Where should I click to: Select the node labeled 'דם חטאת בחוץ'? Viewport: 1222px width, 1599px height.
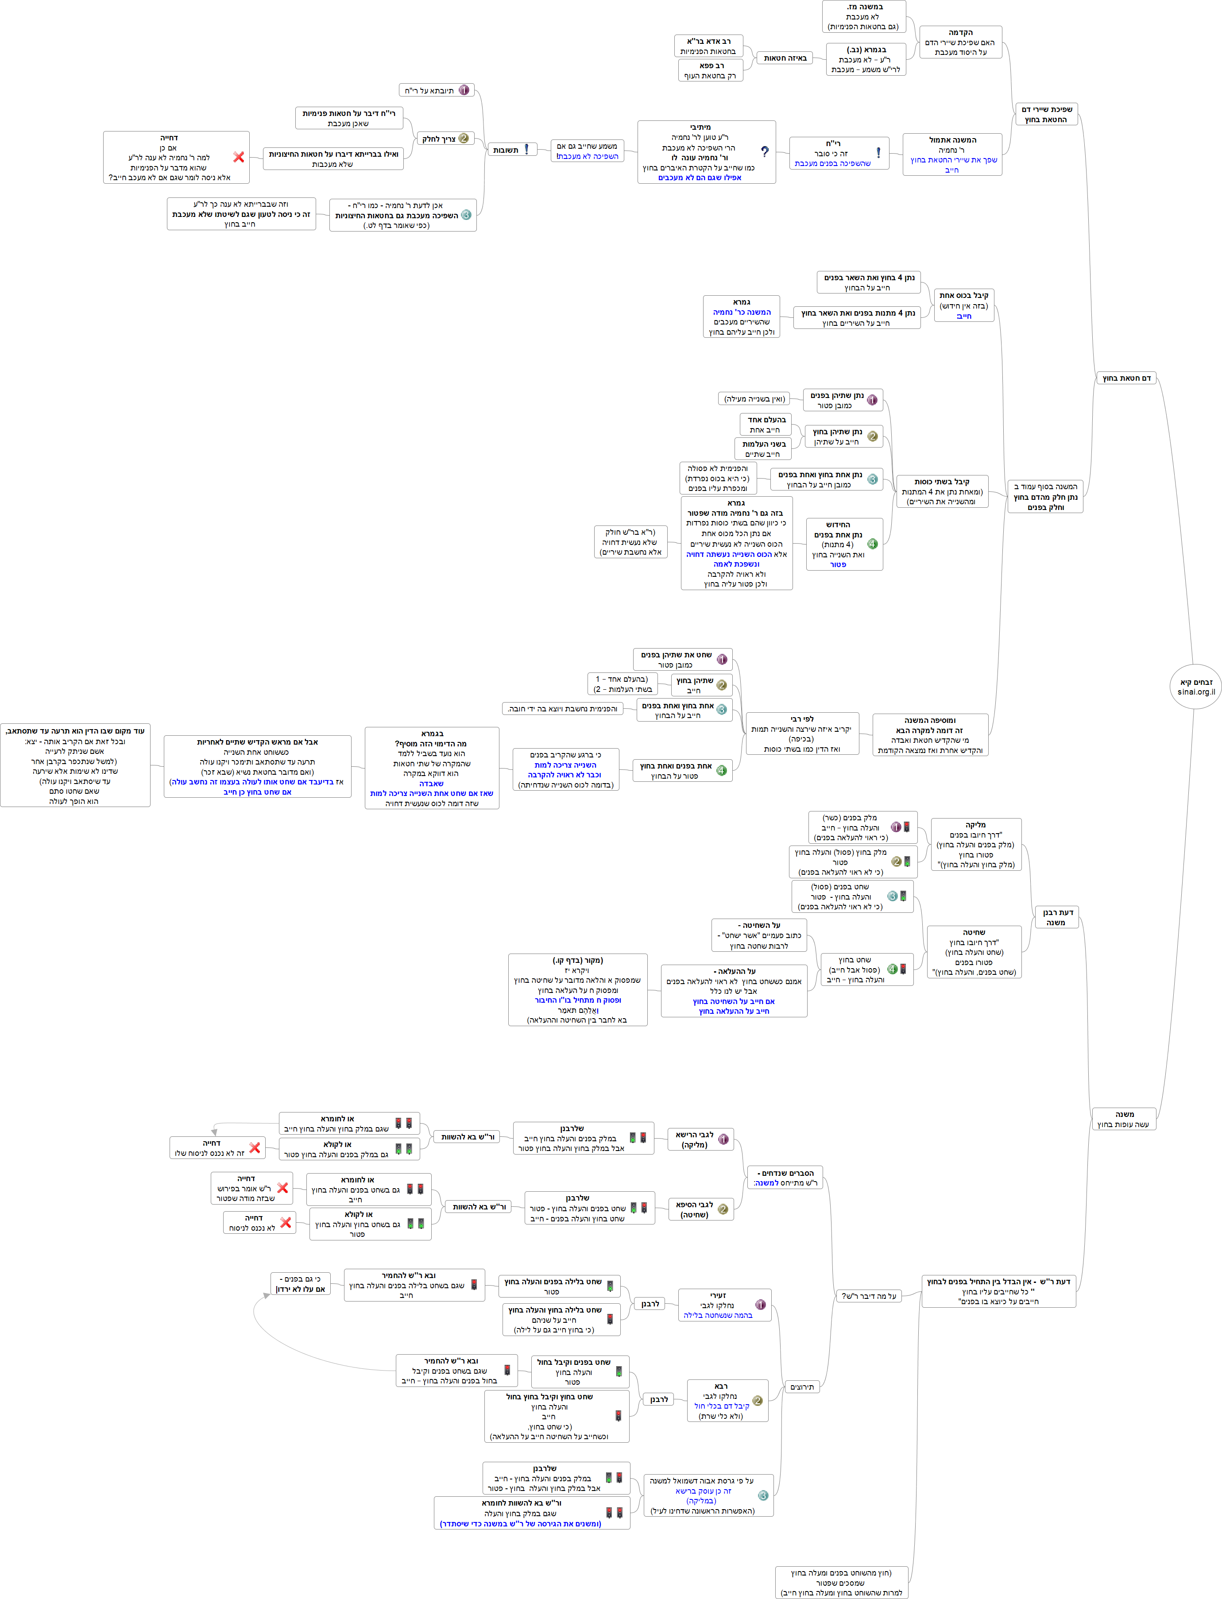tap(1126, 378)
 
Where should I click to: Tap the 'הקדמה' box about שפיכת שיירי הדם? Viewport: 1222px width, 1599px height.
tap(960, 42)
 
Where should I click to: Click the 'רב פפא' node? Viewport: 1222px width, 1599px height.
tap(709, 70)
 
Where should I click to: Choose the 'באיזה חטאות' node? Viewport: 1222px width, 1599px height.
tap(785, 58)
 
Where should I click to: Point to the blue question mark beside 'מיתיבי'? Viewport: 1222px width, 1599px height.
tap(765, 152)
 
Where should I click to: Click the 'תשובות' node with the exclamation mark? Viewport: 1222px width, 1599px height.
tap(511, 150)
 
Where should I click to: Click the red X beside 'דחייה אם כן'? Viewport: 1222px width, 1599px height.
tap(239, 157)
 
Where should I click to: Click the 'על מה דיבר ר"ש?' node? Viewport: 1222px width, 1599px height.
tap(869, 1296)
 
